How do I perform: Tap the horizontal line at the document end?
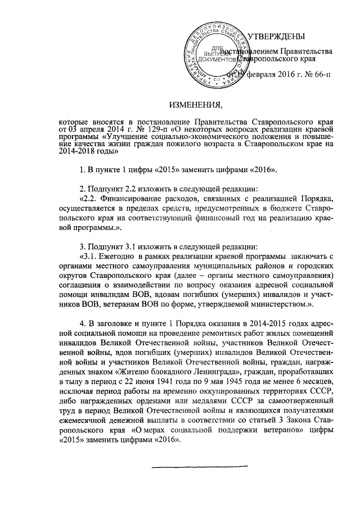tap(200, 465)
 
